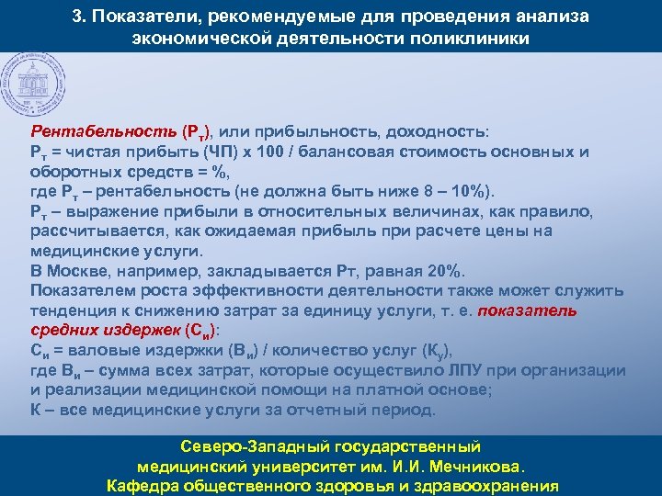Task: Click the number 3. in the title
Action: point(79,18)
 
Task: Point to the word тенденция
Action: point(75,311)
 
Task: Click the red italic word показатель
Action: point(527,311)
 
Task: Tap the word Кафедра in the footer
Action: point(145,485)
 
